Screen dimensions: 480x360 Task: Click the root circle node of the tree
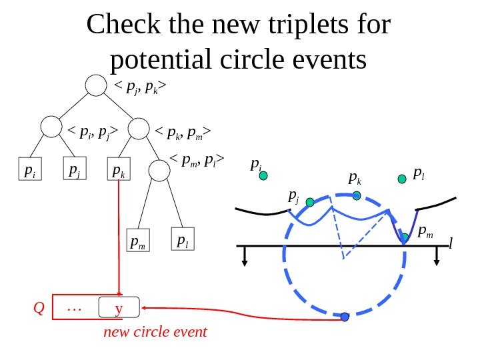97,85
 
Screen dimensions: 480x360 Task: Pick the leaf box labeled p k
118,172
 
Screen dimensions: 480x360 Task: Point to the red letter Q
39,308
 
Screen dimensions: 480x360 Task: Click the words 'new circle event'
155,331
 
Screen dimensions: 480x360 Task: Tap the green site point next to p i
263,176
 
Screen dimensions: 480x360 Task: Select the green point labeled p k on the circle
357,195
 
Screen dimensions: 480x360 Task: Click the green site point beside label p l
402,179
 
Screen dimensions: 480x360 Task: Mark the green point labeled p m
405,237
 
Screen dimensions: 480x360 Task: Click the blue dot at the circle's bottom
345,317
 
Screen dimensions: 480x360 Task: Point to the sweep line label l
451,245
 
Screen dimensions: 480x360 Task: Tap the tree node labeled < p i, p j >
51,127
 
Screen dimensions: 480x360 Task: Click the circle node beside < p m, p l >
159,171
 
